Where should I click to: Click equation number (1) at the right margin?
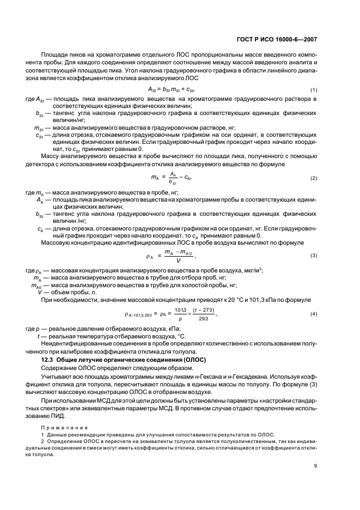coord(313,89)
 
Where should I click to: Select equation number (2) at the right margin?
coord(313,179)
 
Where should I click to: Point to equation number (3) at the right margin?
coord(313,256)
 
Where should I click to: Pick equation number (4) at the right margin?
coord(313,314)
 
